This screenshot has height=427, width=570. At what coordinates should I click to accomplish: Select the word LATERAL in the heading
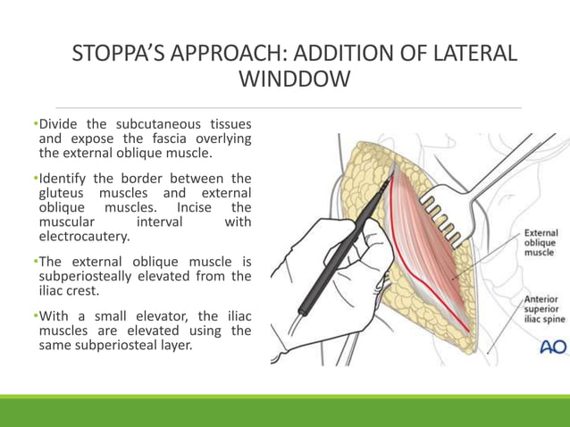[x=471, y=53]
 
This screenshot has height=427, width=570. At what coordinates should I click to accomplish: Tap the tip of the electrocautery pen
[x=390, y=178]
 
